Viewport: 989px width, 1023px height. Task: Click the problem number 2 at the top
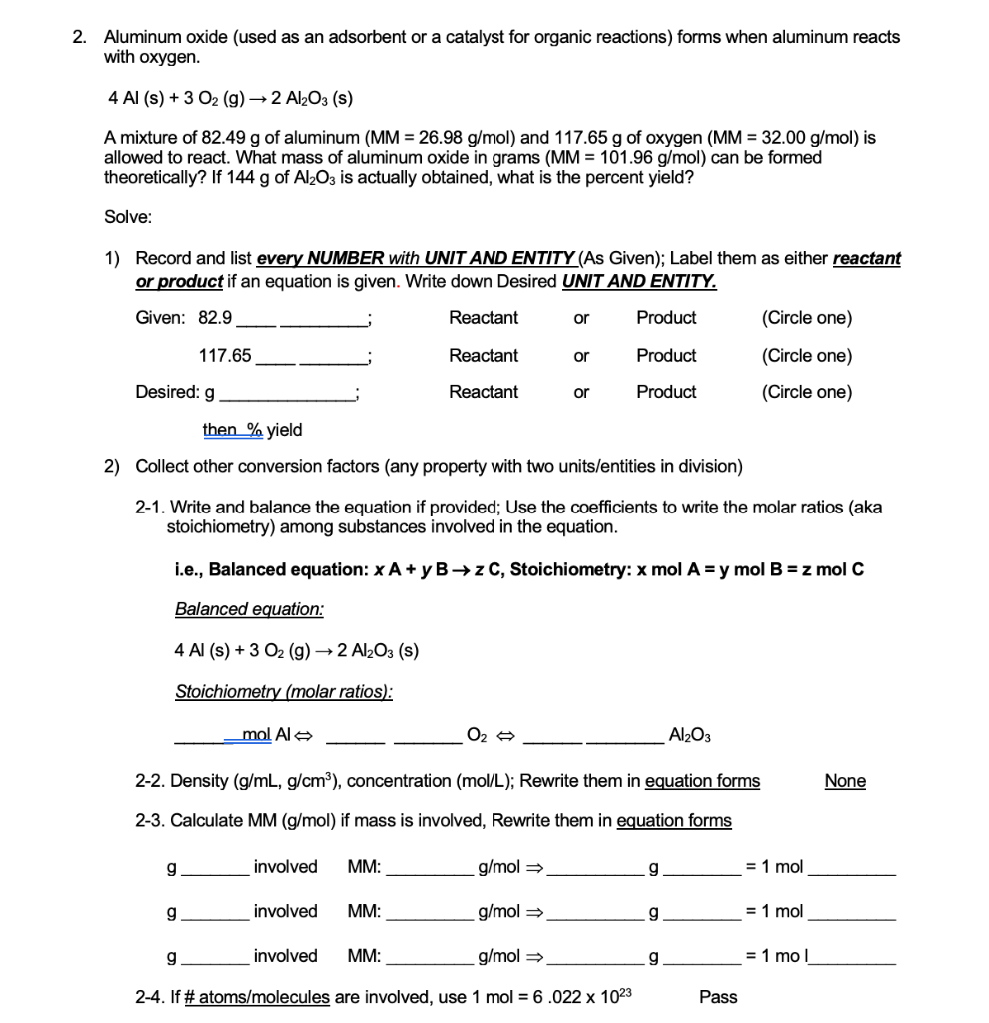(79, 37)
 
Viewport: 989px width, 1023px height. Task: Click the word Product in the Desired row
(666, 392)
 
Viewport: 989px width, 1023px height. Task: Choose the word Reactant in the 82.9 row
(484, 318)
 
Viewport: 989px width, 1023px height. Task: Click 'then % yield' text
(252, 430)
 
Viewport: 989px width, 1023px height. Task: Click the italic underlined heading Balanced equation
(249, 609)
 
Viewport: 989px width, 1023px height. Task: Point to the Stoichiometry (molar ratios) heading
(284, 691)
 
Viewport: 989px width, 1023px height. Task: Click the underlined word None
(845, 781)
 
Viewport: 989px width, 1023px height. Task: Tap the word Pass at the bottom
(718, 996)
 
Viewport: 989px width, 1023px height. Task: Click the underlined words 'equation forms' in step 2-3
(674, 821)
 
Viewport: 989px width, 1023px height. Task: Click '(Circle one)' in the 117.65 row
(807, 356)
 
